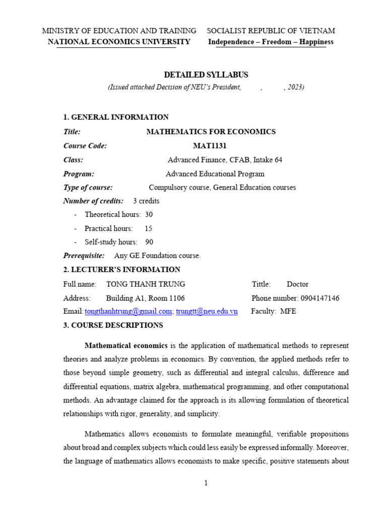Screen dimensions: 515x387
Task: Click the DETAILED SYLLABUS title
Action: click(206, 74)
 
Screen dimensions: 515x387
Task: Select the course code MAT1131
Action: click(210, 146)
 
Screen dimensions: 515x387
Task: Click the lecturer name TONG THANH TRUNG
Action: click(146, 284)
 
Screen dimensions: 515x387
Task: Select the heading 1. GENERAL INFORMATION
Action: click(116, 117)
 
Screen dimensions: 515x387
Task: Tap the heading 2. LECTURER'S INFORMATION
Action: click(121, 270)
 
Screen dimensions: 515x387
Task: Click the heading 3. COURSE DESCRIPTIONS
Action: click(113, 325)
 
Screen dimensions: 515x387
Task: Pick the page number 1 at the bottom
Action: click(206, 483)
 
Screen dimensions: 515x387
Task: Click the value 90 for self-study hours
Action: click(149, 242)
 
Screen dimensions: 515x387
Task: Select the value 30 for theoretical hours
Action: click(149, 214)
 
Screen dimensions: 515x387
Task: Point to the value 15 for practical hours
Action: click(149, 228)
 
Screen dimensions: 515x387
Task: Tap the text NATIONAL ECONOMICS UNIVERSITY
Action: click(119, 42)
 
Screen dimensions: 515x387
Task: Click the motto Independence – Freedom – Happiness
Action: click(271, 42)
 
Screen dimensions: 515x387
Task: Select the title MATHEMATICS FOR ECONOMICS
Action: click(211, 132)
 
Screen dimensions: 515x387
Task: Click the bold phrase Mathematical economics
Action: click(126, 346)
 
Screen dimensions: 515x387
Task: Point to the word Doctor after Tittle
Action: click(297, 284)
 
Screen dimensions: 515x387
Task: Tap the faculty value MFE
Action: click(288, 311)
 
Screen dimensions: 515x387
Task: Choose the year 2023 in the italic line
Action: click(295, 88)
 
